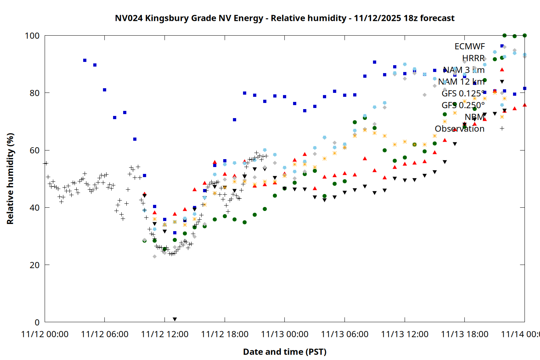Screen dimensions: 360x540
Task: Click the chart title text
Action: coord(284,18)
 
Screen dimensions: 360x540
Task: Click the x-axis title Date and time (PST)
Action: coord(284,352)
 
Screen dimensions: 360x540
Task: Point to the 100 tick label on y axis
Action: coord(32,36)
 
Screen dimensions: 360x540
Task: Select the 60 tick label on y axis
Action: coord(35,150)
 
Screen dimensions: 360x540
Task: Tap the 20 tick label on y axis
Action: coord(35,265)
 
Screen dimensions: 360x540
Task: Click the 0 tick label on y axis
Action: coord(37,322)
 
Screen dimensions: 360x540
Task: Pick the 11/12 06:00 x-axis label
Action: coord(105,334)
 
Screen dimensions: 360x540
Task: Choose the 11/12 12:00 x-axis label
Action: coord(165,334)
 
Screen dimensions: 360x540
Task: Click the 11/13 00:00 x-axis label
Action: coord(284,334)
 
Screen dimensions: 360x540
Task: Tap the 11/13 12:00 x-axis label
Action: coord(405,334)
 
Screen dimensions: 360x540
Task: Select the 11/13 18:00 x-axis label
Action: coord(464,334)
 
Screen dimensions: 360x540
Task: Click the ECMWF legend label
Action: coord(469,46)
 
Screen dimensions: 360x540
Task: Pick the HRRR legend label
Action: coord(473,58)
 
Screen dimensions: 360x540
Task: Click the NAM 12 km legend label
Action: coord(461,82)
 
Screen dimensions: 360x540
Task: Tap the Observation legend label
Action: coord(459,129)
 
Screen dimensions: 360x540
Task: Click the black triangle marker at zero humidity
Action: coord(175,319)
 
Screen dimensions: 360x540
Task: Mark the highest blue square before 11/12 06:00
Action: coord(85,60)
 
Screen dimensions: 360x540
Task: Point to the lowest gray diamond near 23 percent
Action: coord(154,256)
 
